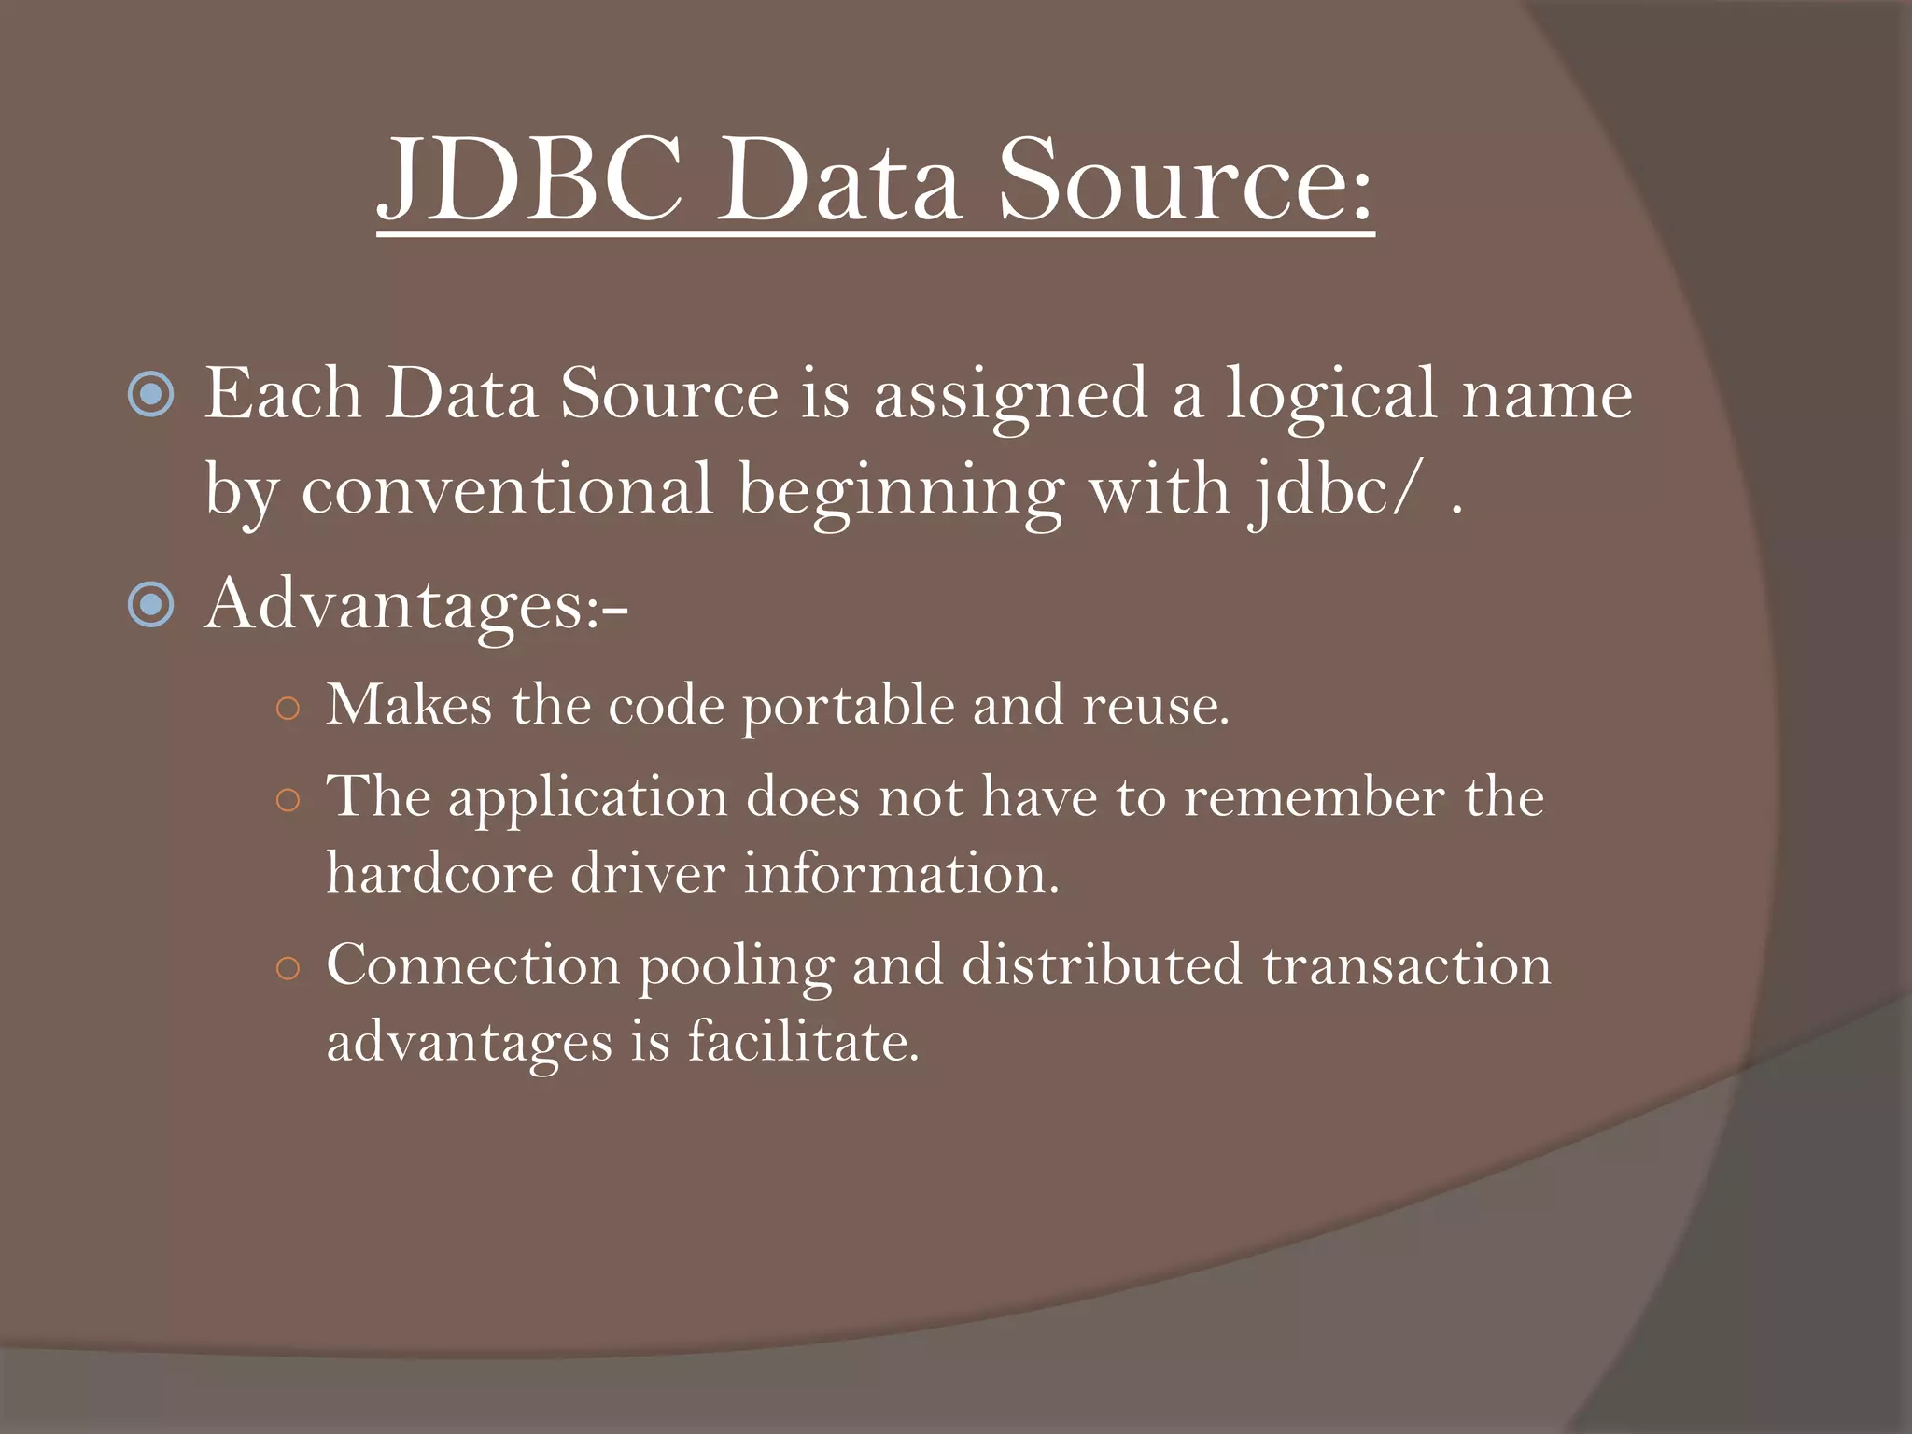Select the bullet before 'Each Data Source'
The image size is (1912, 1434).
pos(150,394)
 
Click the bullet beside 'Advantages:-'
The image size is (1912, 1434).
pos(150,605)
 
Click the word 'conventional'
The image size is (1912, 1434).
pos(507,489)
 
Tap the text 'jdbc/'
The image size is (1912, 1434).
pos(1334,491)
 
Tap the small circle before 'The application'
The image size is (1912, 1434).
pos(288,801)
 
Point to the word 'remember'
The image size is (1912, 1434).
pos(1314,797)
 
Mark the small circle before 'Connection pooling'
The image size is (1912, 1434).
pos(288,969)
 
